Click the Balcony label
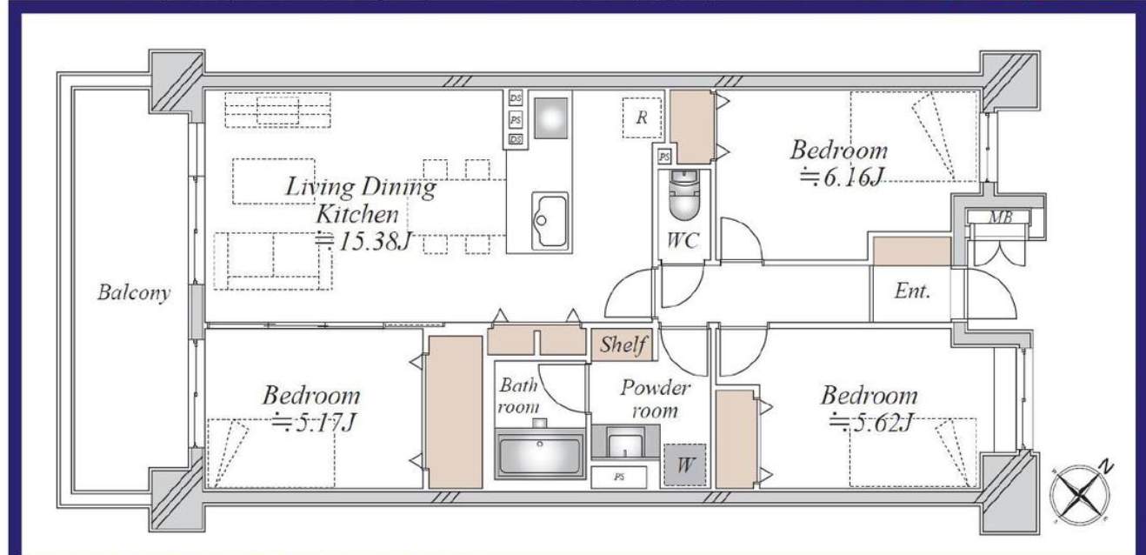point(134,292)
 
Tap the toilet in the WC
point(684,195)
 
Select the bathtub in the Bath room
point(540,454)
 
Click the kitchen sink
point(550,221)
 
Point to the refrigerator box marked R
point(642,117)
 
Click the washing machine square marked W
point(685,465)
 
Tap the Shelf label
point(623,344)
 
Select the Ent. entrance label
point(912,291)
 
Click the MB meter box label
point(1000,217)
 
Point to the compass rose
point(1080,493)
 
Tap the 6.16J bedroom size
point(843,177)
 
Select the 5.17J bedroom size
point(314,423)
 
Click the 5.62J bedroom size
point(871,423)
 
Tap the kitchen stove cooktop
point(551,117)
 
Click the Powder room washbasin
point(624,441)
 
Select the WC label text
point(683,240)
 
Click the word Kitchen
point(357,214)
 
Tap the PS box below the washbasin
point(619,478)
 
